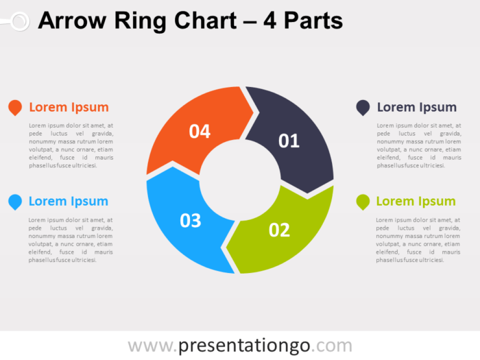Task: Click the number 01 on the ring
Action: [x=289, y=141]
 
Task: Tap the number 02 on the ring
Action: [x=279, y=230]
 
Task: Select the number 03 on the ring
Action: [x=190, y=221]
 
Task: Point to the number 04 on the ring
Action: [x=200, y=132]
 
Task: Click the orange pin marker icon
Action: [x=14, y=107]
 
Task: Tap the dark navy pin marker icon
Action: [x=363, y=107]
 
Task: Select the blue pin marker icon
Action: [x=14, y=202]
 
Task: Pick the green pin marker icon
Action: [x=363, y=202]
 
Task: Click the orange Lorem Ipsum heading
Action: [x=69, y=107]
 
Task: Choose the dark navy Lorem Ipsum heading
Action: [x=416, y=107]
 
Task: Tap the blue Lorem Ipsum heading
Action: [x=69, y=201]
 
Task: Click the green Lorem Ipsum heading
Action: [x=416, y=201]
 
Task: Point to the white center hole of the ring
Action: [x=239, y=181]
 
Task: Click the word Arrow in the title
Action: [x=71, y=21]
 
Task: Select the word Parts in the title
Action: [x=311, y=21]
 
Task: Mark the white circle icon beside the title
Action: [x=19, y=21]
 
